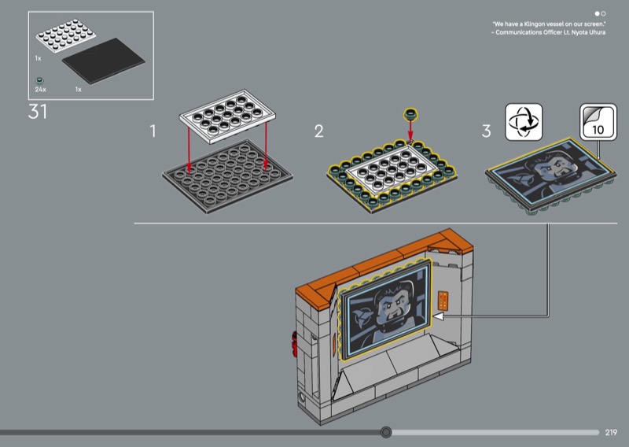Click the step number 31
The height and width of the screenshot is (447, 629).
pos(37,112)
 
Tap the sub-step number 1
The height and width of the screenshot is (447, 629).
pos(153,131)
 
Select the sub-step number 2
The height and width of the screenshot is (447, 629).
pos(319,131)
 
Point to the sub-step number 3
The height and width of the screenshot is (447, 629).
pos(486,131)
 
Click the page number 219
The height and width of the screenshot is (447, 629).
pos(611,432)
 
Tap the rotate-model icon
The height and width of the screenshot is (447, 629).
pos(524,122)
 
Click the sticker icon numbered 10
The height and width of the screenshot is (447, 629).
pos(598,122)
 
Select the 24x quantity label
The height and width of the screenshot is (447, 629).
pos(41,90)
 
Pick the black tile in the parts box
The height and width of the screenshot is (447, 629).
pos(104,61)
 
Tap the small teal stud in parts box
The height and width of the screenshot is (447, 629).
pos(39,81)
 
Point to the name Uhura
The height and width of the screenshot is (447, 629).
pos(597,32)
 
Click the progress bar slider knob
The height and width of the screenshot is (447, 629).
pos(386,432)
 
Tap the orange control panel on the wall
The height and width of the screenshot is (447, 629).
pos(443,301)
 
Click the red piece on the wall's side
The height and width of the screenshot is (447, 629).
pos(293,344)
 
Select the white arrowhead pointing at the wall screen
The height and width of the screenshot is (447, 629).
pos(439,316)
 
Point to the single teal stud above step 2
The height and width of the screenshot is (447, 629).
pos(410,114)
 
